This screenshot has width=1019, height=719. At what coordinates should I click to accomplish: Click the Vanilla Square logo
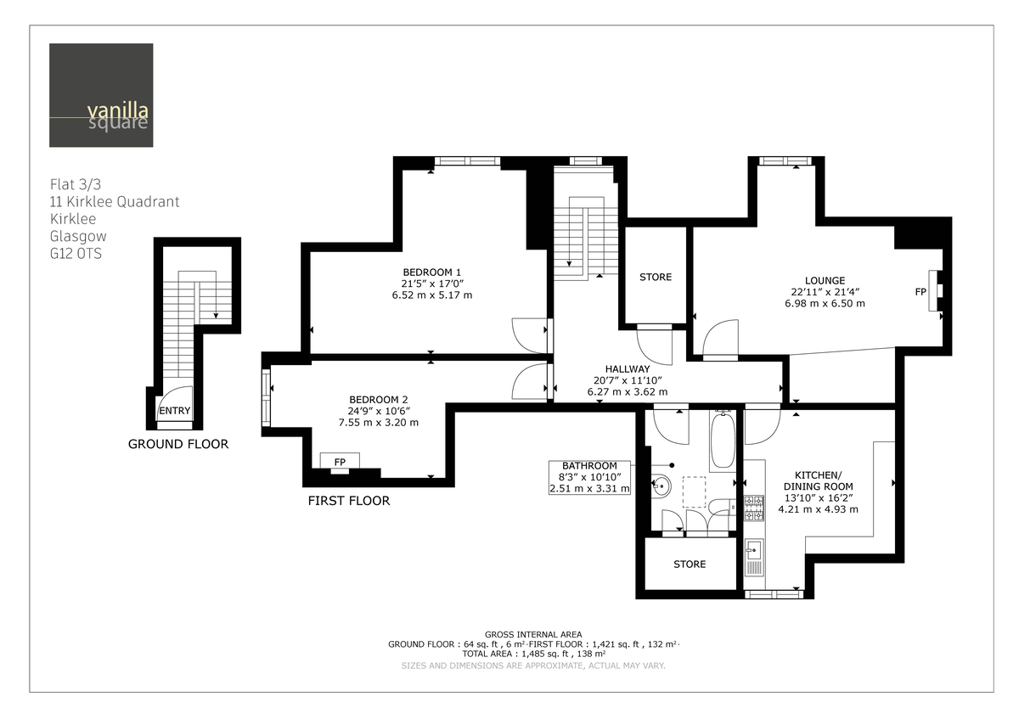(101, 95)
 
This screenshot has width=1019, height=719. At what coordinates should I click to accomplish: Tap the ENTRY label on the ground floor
(174, 411)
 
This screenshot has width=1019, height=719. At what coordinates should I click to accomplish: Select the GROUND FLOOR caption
(177, 444)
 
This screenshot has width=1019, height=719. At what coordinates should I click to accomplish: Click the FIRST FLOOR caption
(348, 501)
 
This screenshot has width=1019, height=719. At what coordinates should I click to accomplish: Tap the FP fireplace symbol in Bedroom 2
(340, 461)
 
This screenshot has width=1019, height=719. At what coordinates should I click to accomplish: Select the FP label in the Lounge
(920, 292)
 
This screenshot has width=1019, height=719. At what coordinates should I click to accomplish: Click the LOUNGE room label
(825, 280)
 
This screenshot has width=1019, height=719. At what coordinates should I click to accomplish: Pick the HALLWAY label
(627, 369)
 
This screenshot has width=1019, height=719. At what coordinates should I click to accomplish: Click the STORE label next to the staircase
(655, 278)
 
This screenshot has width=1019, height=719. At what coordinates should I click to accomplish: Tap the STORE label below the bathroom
(689, 565)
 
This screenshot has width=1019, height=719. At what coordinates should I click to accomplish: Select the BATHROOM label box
(589, 477)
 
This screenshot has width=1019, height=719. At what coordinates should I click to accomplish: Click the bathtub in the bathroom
(723, 440)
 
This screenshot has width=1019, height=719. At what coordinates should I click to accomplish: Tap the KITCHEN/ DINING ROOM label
(818, 480)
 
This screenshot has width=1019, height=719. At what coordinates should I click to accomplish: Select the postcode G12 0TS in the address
(75, 253)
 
